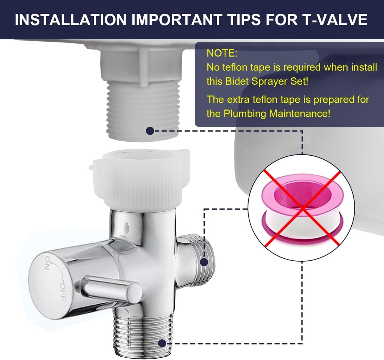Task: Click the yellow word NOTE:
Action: tap(222, 53)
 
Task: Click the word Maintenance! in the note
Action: tap(300, 114)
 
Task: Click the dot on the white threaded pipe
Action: tap(150, 131)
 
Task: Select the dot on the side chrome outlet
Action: tap(204, 262)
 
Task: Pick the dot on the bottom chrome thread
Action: tap(162, 343)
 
